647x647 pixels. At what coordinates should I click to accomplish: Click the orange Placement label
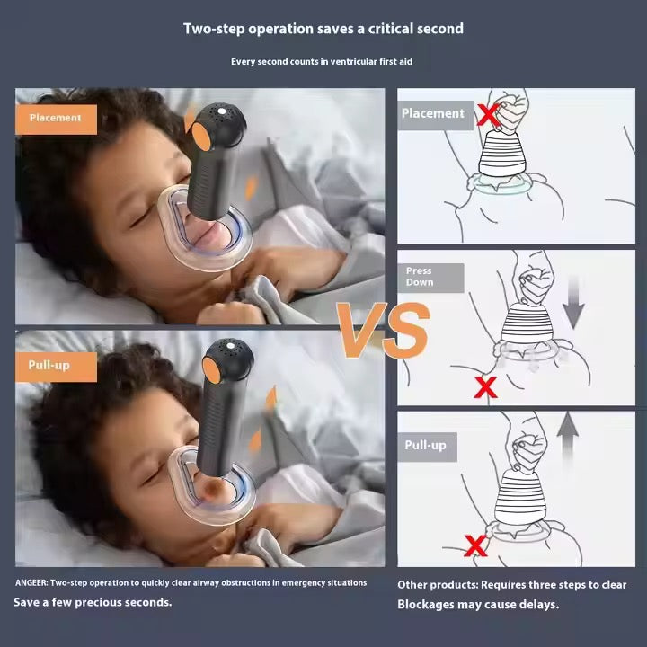56,120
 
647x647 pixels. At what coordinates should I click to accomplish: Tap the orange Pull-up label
56,367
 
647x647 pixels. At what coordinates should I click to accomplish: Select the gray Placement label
435,115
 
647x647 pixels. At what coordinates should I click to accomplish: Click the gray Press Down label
430,278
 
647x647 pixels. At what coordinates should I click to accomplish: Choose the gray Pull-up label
427,447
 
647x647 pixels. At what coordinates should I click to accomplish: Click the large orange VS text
383,330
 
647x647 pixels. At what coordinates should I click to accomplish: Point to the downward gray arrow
573,304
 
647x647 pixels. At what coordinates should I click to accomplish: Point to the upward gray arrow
568,439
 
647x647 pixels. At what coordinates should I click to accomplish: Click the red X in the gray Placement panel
489,115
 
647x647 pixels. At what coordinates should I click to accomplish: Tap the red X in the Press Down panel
485,387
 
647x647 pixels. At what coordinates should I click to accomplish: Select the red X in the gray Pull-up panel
475,545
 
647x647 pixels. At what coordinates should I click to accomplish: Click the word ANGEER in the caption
31,582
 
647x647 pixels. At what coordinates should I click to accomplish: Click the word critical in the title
390,29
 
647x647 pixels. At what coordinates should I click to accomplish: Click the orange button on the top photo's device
201,137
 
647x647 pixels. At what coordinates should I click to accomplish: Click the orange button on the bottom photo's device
211,370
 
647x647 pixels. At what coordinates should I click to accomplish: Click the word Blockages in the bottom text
419,605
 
